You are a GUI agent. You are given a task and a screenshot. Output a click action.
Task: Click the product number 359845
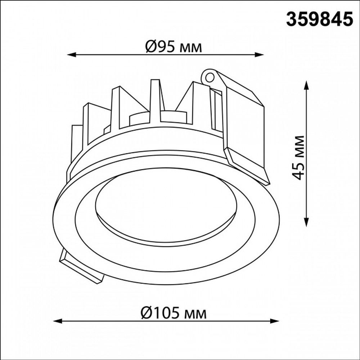[319, 19]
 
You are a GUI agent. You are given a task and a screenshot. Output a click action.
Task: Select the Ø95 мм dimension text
[174, 47]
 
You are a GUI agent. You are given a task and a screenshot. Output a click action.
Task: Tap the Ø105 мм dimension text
[174, 314]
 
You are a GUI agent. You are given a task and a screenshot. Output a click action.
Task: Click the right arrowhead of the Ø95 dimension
[260, 55]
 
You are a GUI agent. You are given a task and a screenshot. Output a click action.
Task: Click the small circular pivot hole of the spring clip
[209, 77]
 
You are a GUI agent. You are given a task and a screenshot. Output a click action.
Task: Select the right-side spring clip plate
[245, 126]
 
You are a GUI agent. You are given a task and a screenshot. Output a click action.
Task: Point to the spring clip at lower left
[81, 268]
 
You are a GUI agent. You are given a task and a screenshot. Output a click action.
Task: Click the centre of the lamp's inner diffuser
[166, 205]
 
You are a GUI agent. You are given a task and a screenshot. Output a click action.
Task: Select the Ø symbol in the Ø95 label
[151, 47]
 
